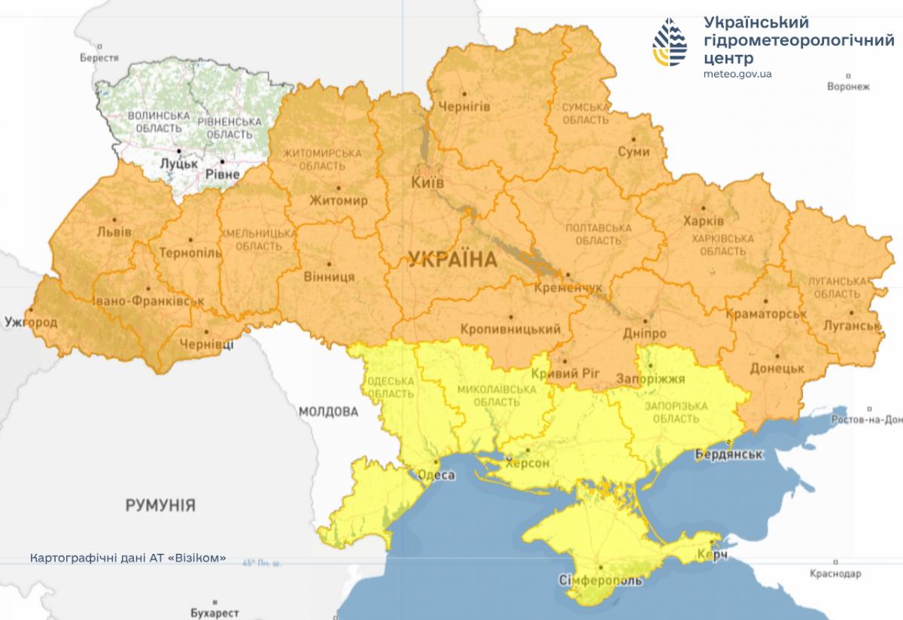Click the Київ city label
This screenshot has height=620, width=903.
click(427, 183)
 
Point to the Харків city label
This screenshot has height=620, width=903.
click(703, 221)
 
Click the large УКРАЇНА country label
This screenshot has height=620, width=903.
click(453, 260)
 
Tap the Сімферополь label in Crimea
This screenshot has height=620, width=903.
click(601, 581)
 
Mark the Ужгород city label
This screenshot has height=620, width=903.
click(30, 322)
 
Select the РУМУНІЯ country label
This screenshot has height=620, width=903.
click(160, 505)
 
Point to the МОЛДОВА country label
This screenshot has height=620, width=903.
click(328, 412)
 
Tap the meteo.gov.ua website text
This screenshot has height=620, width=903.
click(737, 74)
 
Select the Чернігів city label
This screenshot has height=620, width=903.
click(464, 107)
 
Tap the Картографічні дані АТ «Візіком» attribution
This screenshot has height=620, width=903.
click(128, 558)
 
